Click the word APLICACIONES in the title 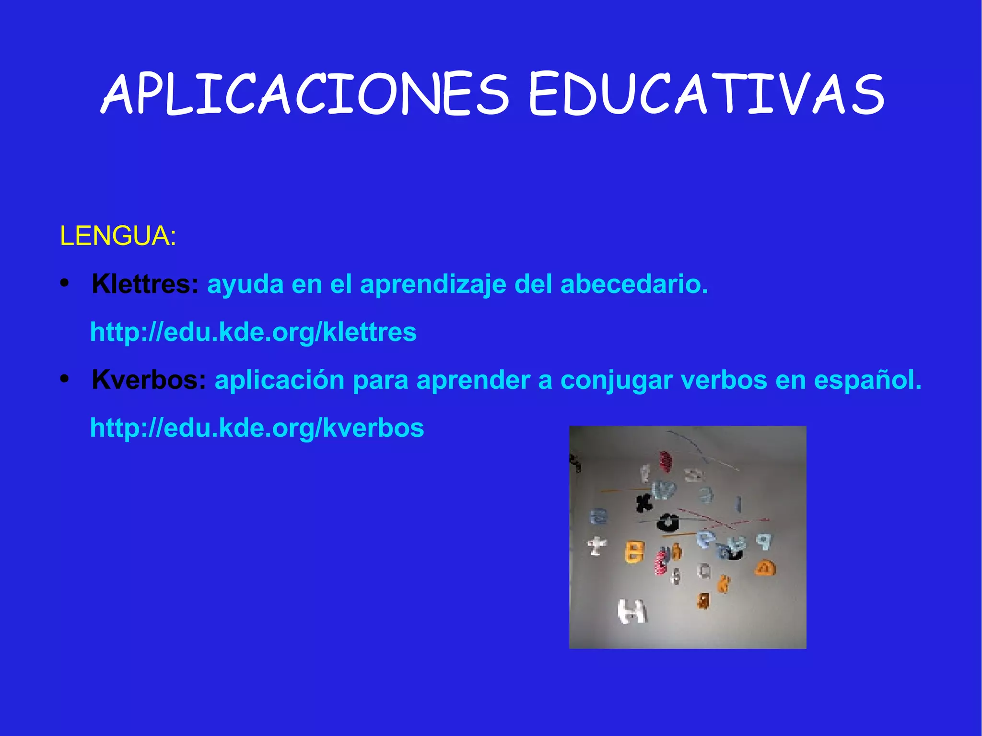(305, 94)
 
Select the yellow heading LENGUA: (118, 236)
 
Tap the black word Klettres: (145, 284)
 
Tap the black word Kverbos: (149, 380)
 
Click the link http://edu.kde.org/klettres (253, 332)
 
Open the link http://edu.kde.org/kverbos (257, 428)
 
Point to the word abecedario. (634, 284)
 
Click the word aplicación (280, 381)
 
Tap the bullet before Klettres (65, 284)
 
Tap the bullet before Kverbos (65, 380)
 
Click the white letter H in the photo (632, 611)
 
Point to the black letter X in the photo (644, 502)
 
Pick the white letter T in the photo (596, 546)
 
